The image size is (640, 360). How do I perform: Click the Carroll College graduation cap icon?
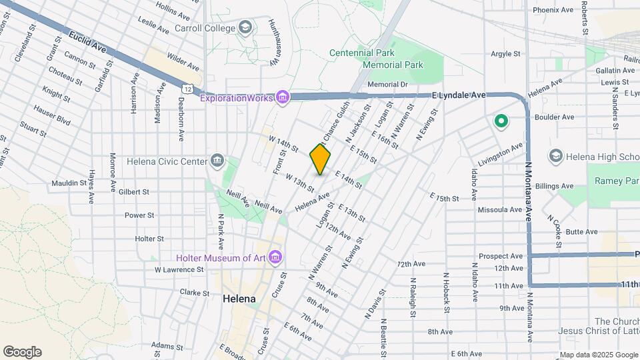[x=245, y=27]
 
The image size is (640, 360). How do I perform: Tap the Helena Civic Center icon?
[x=217, y=161]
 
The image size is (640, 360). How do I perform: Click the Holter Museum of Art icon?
[x=276, y=258]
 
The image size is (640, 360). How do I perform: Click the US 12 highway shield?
[x=189, y=88]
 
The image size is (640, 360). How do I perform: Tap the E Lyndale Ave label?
[x=459, y=95]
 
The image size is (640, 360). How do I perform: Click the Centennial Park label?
[x=362, y=53]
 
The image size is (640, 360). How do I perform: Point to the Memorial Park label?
[x=393, y=65]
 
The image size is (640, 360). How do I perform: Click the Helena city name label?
[x=239, y=299]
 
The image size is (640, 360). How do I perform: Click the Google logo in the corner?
[x=22, y=352]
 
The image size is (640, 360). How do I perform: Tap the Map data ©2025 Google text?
[x=599, y=355]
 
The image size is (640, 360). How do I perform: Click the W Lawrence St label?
[x=179, y=270]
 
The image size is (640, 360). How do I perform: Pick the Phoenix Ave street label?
[x=553, y=10]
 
